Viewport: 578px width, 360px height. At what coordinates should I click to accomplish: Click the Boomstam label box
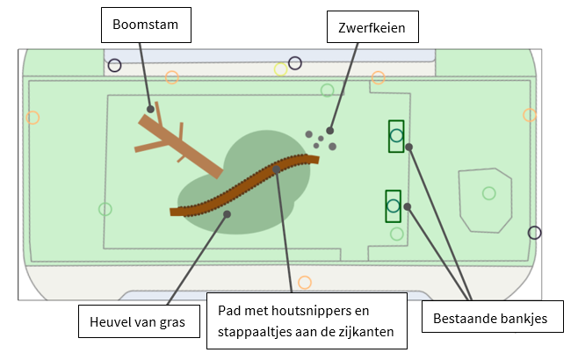click(146, 25)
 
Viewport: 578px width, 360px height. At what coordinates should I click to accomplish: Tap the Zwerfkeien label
click(372, 27)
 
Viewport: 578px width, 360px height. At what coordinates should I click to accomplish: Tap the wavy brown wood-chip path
click(246, 186)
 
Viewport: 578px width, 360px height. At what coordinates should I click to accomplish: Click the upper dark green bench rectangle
click(396, 135)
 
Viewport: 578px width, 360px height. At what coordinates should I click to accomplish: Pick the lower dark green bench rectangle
click(394, 206)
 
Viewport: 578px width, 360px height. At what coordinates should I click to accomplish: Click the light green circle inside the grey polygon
click(489, 193)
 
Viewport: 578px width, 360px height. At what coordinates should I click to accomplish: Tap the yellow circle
click(281, 69)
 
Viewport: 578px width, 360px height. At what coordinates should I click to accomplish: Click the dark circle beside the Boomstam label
click(115, 64)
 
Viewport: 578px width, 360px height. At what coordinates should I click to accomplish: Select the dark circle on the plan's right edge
click(534, 233)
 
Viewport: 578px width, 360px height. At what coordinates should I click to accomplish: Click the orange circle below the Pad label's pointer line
click(305, 282)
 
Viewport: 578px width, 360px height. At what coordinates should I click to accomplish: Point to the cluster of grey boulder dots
click(322, 139)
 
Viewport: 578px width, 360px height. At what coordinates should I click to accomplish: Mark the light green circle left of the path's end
click(105, 209)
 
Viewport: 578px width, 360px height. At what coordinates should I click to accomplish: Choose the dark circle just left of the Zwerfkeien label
click(295, 63)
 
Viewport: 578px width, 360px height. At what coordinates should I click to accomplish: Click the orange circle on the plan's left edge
click(33, 117)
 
